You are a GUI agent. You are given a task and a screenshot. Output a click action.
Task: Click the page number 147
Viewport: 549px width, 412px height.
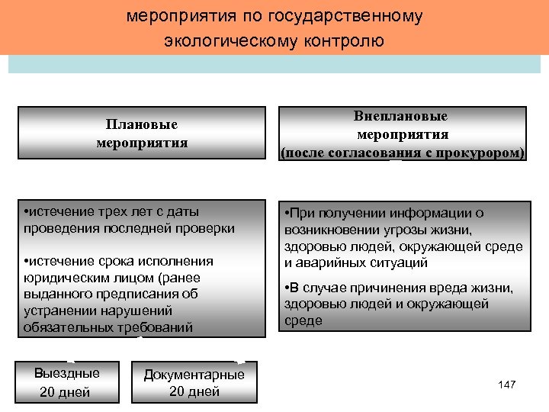point(506,384)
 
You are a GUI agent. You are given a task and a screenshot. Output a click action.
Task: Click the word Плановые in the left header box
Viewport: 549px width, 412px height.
point(142,124)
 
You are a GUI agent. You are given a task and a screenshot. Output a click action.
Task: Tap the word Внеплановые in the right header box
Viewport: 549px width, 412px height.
point(401,116)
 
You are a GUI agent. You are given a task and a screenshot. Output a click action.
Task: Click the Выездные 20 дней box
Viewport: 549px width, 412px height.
point(67,382)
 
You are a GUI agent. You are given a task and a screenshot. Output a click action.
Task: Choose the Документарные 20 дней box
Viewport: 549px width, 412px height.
point(194,382)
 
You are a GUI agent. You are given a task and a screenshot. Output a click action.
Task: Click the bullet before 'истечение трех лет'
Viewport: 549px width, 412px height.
point(27,211)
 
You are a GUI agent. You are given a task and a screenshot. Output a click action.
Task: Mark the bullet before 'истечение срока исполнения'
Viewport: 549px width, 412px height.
point(27,261)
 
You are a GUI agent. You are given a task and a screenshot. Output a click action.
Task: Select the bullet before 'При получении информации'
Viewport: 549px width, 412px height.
point(286,214)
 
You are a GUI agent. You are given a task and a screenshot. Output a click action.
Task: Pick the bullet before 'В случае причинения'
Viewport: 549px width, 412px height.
point(286,288)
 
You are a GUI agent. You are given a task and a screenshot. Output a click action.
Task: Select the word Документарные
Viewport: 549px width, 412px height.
point(194,374)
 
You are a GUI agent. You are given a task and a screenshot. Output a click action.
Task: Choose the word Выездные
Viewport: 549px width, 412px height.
point(67,374)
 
